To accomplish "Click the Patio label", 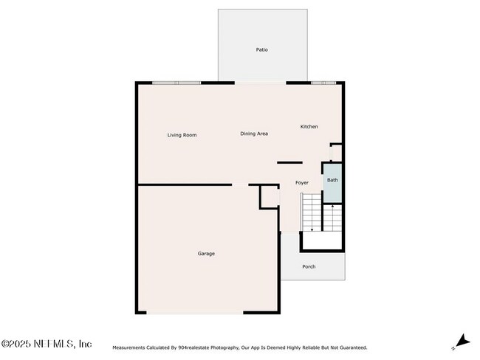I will [261, 50].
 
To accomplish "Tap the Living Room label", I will [182, 135].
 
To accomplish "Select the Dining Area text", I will [253, 134].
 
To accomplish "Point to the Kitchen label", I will [309, 127].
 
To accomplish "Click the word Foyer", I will [301, 182].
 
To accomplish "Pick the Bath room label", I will [332, 180].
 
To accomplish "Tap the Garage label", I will [206, 254].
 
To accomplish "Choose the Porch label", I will [309, 266].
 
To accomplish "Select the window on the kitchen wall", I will [323, 83].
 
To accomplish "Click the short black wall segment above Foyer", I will [289, 162].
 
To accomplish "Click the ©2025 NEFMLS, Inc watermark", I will [46, 344].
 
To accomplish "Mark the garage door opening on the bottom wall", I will [195, 313].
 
